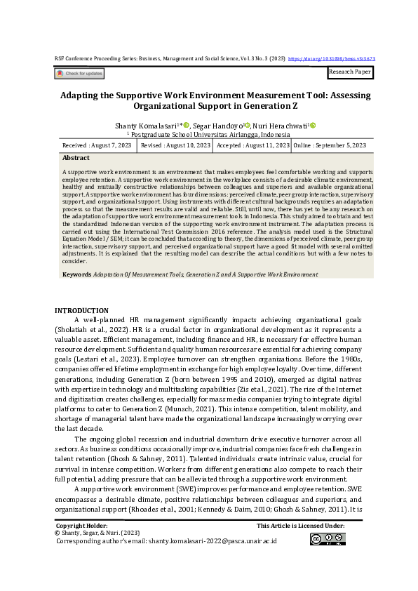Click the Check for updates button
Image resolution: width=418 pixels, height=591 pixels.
coord(79,73)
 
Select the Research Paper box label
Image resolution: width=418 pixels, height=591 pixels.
coord(350,72)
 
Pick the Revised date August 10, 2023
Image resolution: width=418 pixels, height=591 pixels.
coord(175,145)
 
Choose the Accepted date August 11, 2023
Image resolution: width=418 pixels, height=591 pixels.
coord(252,145)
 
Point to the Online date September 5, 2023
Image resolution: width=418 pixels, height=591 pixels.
coord(329,145)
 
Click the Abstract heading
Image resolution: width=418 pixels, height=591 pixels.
coord(76,159)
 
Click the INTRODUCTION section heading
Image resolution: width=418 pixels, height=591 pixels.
coord(81,310)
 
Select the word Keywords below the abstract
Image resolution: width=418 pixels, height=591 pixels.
coord(76,274)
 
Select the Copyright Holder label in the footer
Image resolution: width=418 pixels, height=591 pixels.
coord(81,525)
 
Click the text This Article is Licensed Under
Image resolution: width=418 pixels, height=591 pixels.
coord(300,525)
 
